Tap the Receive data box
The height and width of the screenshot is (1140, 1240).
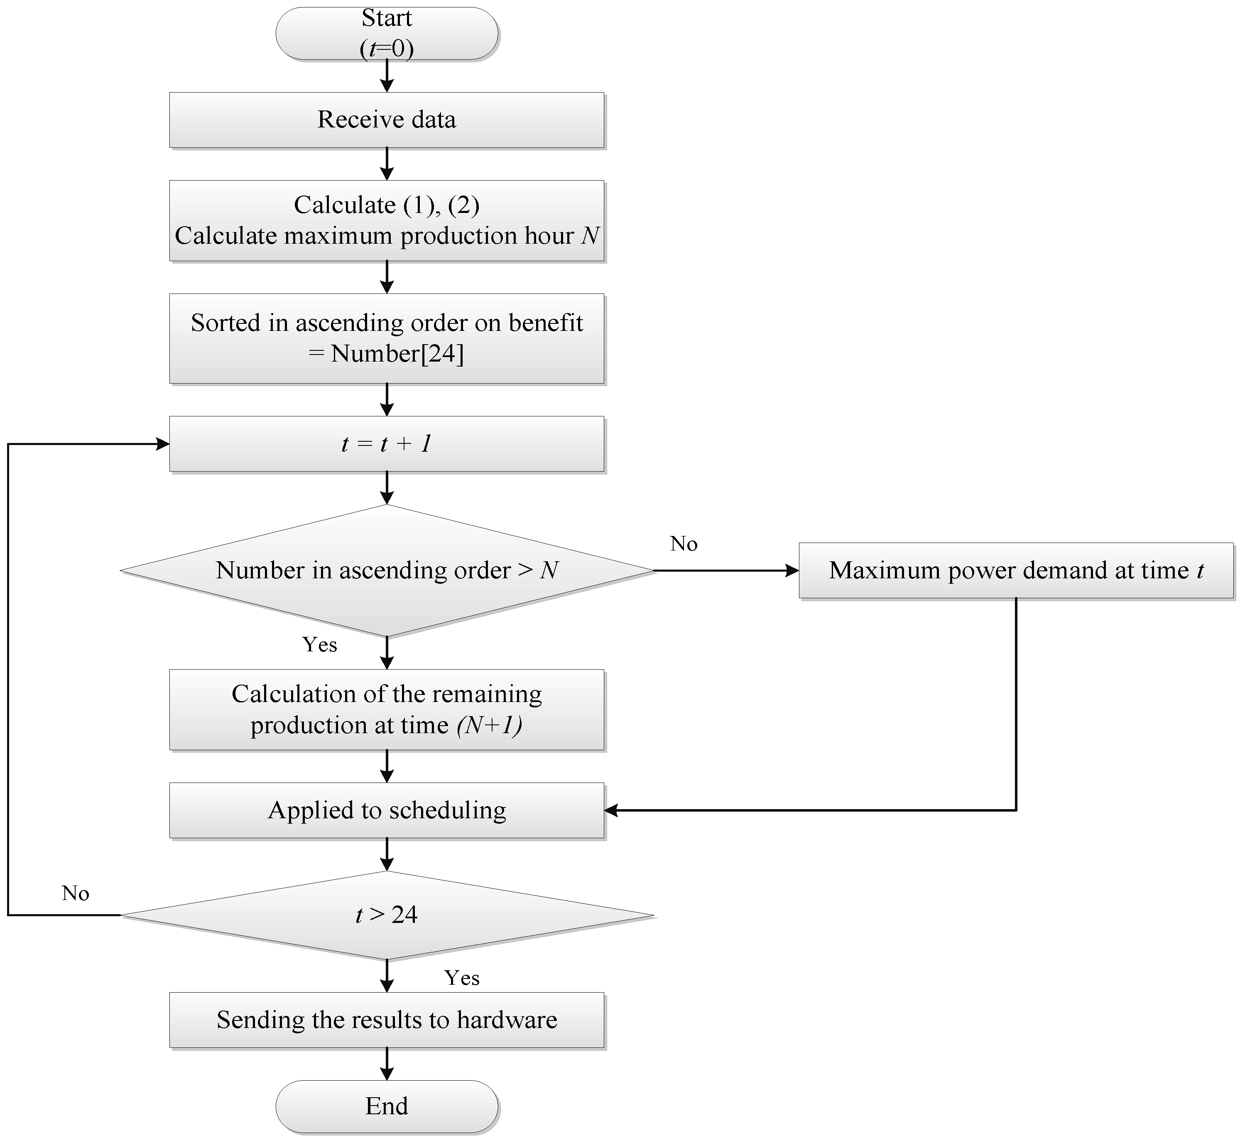387,120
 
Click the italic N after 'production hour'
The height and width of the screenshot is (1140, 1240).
591,236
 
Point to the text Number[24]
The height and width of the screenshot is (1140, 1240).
397,353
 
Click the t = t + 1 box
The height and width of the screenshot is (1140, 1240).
387,444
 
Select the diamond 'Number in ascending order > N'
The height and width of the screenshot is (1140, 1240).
387,570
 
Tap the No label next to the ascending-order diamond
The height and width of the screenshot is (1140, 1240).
684,543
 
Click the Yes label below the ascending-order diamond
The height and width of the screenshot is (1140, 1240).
320,645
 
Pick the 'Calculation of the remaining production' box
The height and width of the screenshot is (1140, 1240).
387,709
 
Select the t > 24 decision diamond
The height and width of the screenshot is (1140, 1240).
387,915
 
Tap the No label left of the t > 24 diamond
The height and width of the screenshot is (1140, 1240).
75,893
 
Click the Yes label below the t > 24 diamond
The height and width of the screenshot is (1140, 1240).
461,978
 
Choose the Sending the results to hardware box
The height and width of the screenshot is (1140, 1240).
387,1020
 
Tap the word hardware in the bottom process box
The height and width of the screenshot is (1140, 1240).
507,1020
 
